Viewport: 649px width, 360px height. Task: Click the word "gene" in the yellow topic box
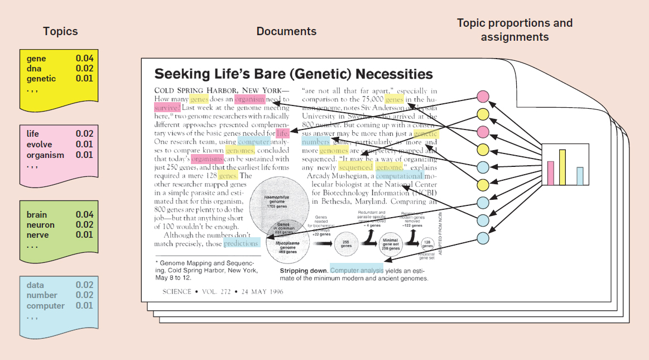36,59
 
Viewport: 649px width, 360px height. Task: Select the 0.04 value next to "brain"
85,214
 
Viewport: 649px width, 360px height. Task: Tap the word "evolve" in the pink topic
39,145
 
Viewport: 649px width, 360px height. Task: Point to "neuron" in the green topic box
41,225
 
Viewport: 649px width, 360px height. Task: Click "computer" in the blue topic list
46,306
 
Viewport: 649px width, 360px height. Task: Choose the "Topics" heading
60,31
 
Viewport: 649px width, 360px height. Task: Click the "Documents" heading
286,31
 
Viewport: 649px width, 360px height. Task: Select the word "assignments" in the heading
515,37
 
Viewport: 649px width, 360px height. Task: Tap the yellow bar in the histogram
563,167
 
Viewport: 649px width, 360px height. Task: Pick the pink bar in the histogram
551,173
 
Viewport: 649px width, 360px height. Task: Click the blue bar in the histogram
580,176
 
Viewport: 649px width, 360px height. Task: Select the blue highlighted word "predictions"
241,243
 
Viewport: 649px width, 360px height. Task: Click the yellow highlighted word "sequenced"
355,167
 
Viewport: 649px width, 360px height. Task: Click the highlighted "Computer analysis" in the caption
357,270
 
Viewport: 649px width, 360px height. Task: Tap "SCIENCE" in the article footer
176,291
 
